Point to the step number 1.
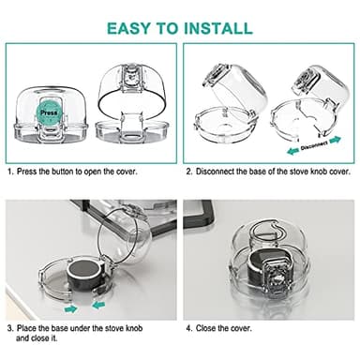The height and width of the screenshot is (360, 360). coord(9,172)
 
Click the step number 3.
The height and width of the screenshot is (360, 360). coord(9,328)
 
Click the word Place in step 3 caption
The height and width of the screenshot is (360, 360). coord(29,328)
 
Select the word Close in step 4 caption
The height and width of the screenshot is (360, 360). coord(208,328)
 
